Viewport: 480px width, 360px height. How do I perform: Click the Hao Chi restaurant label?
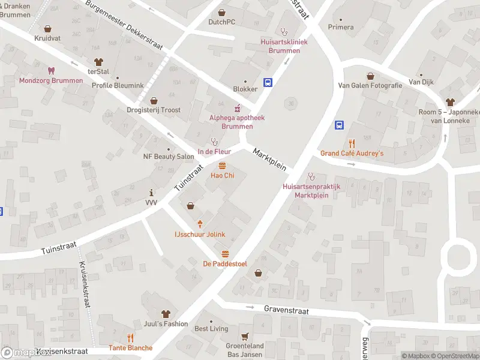click(x=222, y=175)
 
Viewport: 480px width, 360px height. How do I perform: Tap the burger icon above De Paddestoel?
click(x=226, y=254)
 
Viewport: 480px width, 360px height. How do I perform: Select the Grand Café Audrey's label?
click(x=352, y=154)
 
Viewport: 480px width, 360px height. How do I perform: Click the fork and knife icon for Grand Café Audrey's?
click(x=352, y=143)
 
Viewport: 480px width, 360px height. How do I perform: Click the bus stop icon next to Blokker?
click(x=268, y=83)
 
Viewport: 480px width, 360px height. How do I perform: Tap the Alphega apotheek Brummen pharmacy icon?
click(x=237, y=109)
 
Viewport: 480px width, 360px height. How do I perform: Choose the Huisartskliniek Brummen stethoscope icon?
click(x=284, y=32)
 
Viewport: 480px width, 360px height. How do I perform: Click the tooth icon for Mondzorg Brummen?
click(x=51, y=70)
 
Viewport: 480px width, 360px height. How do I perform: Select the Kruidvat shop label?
click(x=48, y=38)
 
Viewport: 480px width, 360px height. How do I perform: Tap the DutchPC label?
click(x=221, y=22)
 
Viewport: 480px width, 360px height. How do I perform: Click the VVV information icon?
click(x=151, y=193)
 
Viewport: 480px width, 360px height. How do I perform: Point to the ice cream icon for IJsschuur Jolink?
click(x=200, y=224)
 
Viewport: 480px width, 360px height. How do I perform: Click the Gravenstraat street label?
click(x=286, y=310)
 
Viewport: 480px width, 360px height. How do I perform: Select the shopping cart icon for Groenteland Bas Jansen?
click(x=245, y=336)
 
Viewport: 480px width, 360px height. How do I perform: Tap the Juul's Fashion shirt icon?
click(x=166, y=314)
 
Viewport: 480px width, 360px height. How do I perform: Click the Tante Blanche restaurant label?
click(x=130, y=348)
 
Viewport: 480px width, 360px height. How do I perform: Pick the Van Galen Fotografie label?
click(x=370, y=86)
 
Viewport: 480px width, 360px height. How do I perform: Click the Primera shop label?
click(x=341, y=27)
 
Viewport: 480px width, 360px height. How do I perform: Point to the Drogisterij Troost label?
click(x=154, y=110)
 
